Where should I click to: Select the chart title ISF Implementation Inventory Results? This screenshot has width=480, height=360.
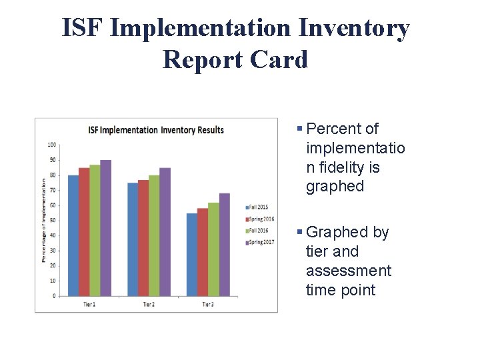click(x=156, y=130)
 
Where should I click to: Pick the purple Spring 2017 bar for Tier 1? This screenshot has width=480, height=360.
click(x=105, y=228)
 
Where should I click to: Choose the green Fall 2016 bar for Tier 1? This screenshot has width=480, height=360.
click(x=95, y=230)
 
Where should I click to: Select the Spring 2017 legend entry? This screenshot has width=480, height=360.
click(x=261, y=242)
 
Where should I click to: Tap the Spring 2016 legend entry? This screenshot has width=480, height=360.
click(x=261, y=219)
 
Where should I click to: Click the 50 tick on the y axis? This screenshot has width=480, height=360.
click(x=52, y=220)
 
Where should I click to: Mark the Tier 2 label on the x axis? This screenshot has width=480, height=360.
click(x=149, y=304)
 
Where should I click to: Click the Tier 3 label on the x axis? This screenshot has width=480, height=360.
click(x=208, y=304)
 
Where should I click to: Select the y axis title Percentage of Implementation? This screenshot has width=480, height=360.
click(x=43, y=220)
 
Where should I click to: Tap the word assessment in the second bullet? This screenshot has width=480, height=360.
click(x=349, y=271)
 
